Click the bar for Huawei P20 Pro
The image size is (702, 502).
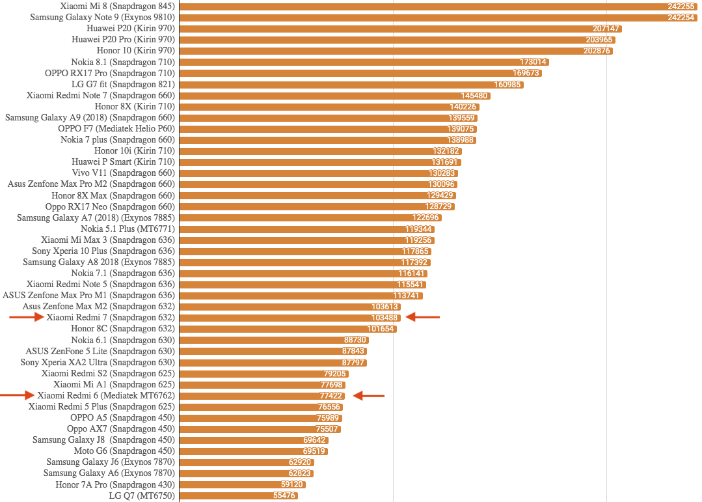[384, 40]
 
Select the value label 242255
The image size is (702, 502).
[681, 7]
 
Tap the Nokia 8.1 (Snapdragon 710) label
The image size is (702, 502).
[123, 62]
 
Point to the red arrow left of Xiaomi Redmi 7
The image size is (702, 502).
[26, 317]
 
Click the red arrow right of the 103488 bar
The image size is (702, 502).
[422, 317]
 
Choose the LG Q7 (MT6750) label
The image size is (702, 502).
[142, 495]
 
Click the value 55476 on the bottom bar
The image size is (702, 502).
[284, 495]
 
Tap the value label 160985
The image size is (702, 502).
[507, 84]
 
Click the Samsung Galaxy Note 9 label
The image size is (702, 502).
[103, 18]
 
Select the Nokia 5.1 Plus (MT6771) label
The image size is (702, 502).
[128, 229]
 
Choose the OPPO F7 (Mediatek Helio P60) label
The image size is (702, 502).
[116, 128]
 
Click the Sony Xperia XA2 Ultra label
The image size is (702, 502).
[98, 362]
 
